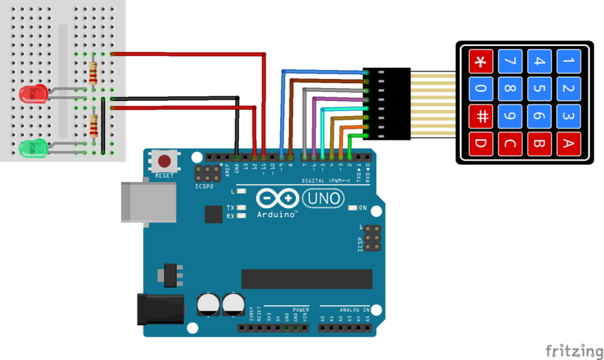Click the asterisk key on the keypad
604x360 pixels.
pyautogui.click(x=481, y=61)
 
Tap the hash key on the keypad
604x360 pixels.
pyautogui.click(x=481, y=116)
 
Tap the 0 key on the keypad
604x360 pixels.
pyautogui.click(x=481, y=89)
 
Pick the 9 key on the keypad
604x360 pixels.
pyautogui.click(x=510, y=116)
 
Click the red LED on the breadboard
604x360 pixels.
pyautogui.click(x=33, y=93)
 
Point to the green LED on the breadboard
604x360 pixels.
pyautogui.click(x=33, y=148)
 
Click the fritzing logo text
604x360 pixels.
pyautogui.click(x=570, y=351)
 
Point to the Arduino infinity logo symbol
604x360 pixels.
pyautogui.click(x=277, y=198)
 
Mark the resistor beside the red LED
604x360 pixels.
pyautogui.click(x=93, y=73)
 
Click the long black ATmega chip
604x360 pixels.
pyautogui.click(x=307, y=279)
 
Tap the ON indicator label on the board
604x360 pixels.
pyautogui.click(x=363, y=208)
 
